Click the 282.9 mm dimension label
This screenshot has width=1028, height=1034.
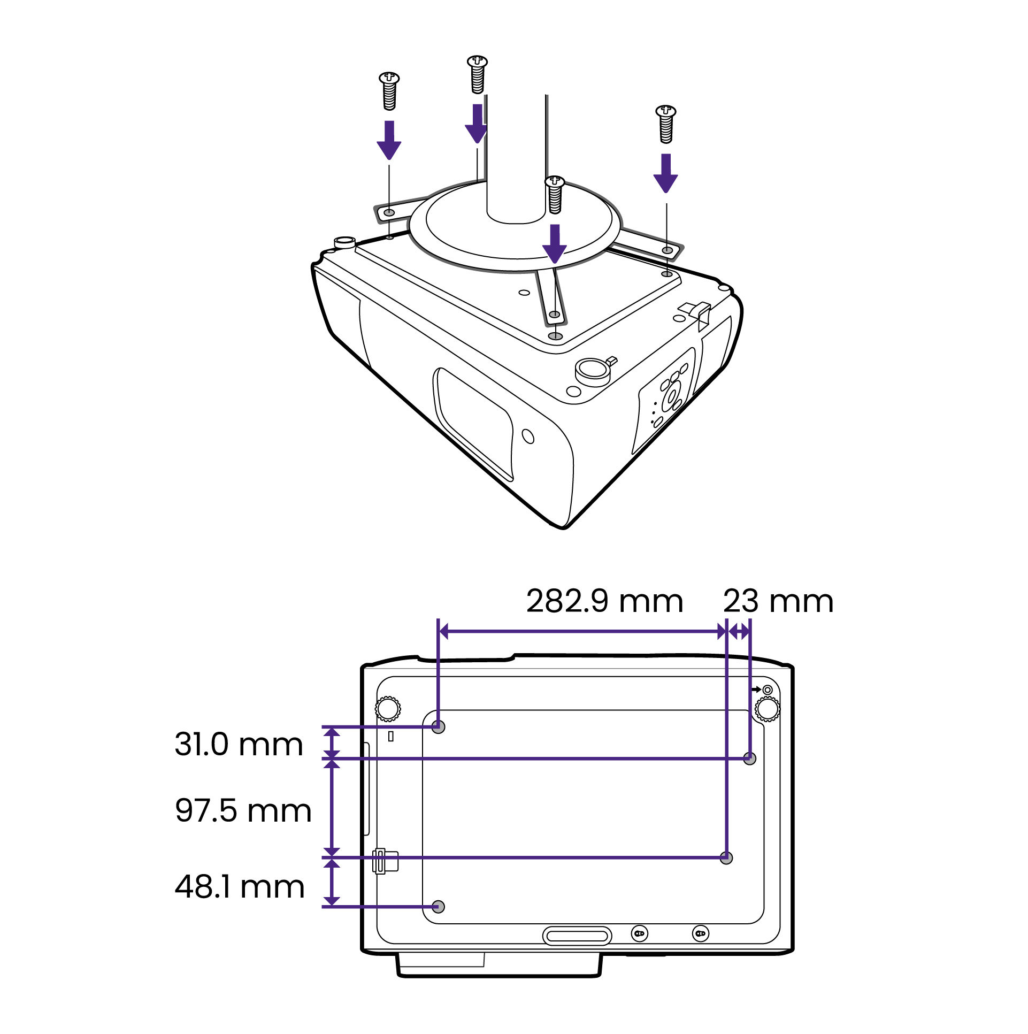click(605, 602)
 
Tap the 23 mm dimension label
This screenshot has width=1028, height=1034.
click(778, 602)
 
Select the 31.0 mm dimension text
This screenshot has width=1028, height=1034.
click(239, 745)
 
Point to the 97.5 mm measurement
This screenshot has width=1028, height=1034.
click(243, 810)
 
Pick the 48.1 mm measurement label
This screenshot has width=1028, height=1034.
click(240, 887)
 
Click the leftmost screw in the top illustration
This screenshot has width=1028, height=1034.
click(389, 91)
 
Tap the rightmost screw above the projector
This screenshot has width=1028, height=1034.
click(666, 124)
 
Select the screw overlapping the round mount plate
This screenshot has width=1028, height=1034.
click(555, 194)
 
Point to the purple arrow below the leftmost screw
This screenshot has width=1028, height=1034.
click(389, 140)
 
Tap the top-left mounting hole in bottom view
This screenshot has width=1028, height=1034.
click(438, 727)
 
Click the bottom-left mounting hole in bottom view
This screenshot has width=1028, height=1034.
click(438, 907)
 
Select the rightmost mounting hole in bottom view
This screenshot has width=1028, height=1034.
click(750, 759)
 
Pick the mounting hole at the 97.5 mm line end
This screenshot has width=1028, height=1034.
click(726, 858)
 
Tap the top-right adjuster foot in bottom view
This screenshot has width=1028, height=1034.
click(768, 710)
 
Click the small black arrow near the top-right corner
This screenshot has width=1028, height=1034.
click(756, 690)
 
